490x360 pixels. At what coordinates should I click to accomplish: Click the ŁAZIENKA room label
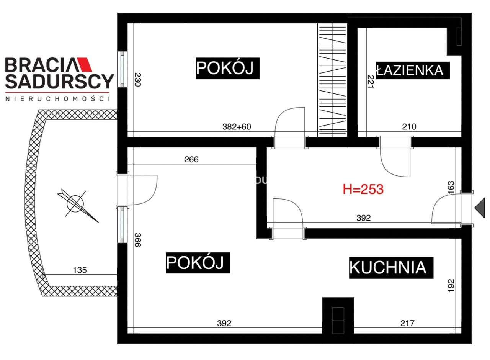pyautogui.click(x=410, y=70)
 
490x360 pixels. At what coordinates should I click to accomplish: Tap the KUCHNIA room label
pyautogui.click(x=388, y=267)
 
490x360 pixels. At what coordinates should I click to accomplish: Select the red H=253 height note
pyautogui.click(x=363, y=189)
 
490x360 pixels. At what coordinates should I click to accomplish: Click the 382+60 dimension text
pyautogui.click(x=237, y=127)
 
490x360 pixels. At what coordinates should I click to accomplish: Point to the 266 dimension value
pyautogui.click(x=191, y=159)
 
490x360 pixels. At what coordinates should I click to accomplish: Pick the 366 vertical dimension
pyautogui.click(x=138, y=240)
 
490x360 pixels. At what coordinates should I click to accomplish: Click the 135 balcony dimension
pyautogui.click(x=80, y=270)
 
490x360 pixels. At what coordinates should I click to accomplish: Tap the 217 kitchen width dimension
pyautogui.click(x=407, y=323)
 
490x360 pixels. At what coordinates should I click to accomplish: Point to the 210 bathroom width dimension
pyautogui.click(x=409, y=127)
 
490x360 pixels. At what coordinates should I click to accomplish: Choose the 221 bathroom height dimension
pyautogui.click(x=370, y=81)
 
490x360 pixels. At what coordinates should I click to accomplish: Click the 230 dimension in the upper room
pyautogui.click(x=138, y=79)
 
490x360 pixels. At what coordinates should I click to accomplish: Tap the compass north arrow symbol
pyautogui.click(x=77, y=203)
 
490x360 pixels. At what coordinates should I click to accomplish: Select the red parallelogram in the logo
pyautogui.click(x=85, y=65)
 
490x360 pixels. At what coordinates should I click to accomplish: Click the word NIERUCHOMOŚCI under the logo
pyautogui.click(x=58, y=99)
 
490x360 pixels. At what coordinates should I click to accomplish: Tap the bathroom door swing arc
pyautogui.click(x=394, y=163)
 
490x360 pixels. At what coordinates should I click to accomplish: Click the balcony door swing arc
pyautogui.click(x=144, y=190)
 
